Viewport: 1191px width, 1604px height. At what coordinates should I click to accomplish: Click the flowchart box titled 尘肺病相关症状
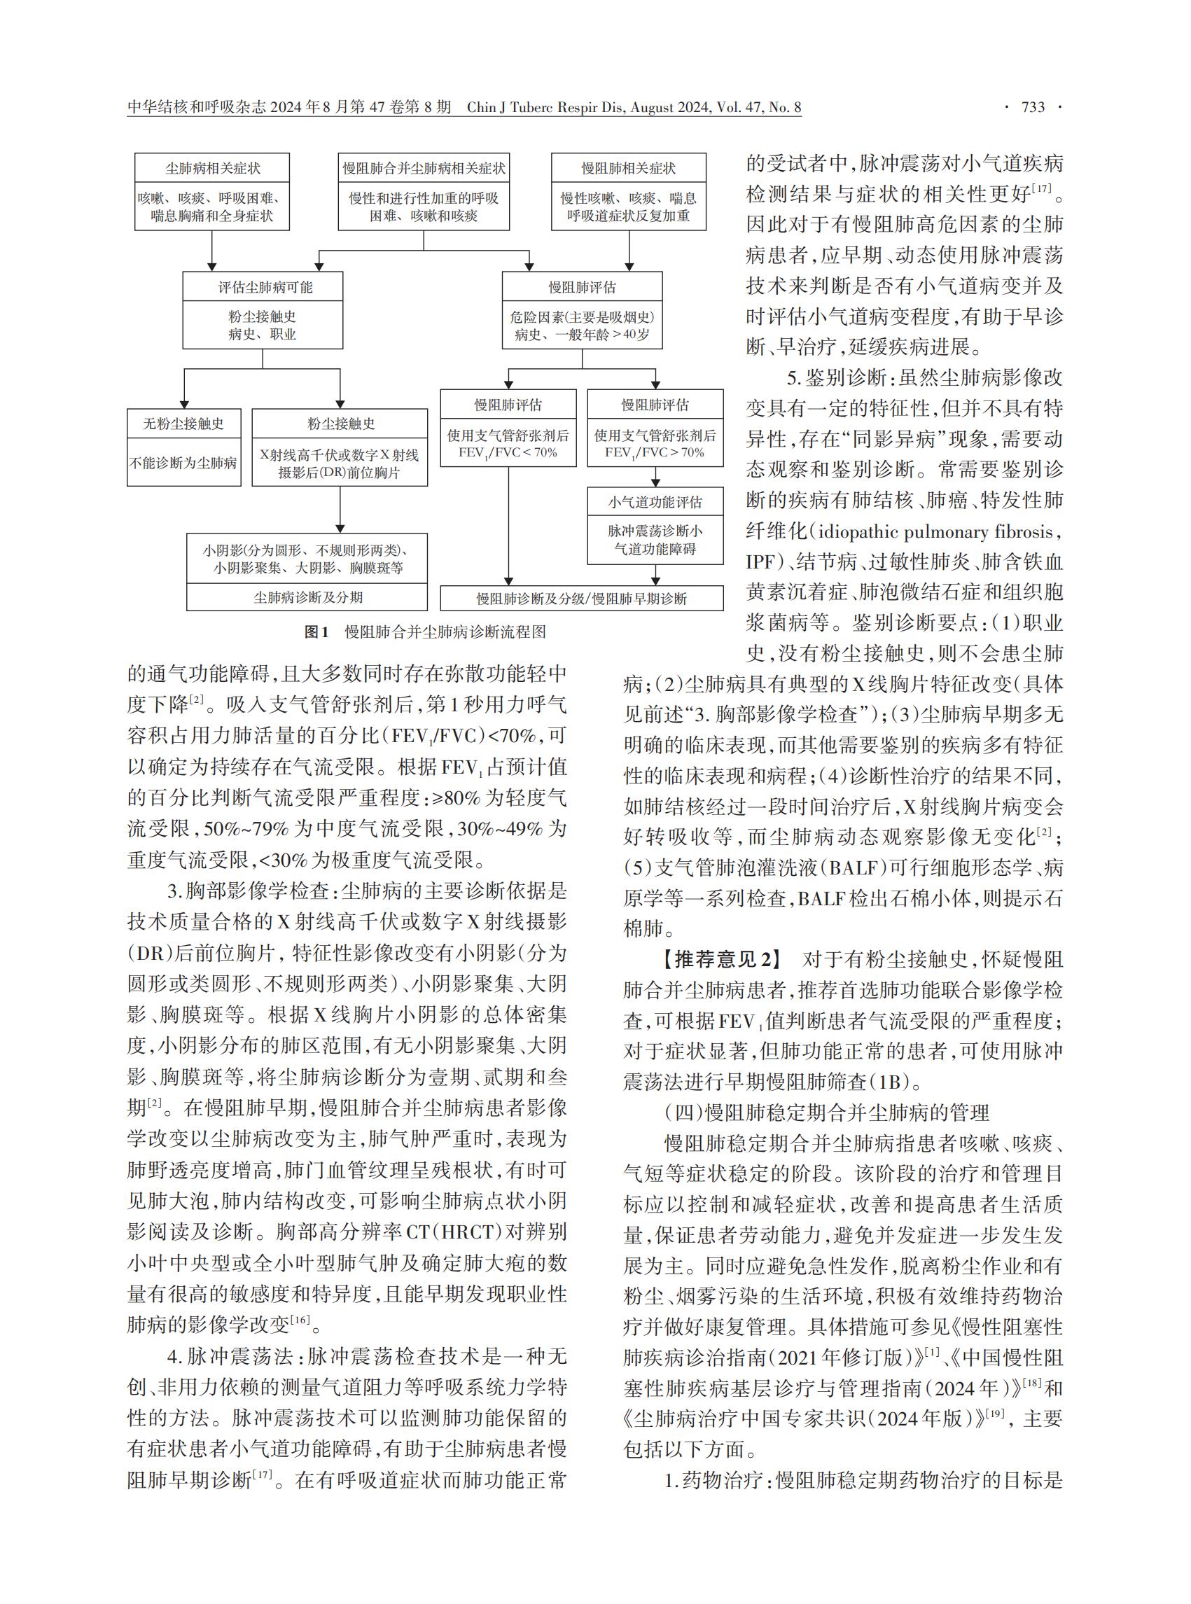(x=212, y=169)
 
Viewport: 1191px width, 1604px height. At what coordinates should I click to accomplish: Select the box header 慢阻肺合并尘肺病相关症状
(x=423, y=169)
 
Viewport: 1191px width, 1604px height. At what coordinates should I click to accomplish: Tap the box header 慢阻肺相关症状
(x=628, y=169)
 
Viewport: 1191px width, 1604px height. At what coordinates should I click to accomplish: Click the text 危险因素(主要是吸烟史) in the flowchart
(x=582, y=317)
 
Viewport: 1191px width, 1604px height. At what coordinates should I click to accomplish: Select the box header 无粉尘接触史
(x=184, y=424)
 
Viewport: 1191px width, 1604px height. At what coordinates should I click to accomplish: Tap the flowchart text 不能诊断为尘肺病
(x=184, y=463)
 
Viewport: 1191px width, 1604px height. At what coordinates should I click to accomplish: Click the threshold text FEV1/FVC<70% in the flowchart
(x=508, y=453)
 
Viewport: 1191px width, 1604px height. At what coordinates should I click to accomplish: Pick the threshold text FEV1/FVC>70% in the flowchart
(x=655, y=453)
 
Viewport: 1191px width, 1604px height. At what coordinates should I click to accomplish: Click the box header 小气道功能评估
(x=655, y=503)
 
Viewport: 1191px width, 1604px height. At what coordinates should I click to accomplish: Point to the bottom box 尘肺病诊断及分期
(x=308, y=598)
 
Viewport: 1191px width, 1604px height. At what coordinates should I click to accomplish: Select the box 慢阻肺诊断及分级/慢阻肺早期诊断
(x=582, y=599)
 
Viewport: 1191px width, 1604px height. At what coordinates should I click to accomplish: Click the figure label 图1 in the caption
(x=316, y=632)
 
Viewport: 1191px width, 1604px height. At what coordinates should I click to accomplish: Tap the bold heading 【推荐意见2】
(x=722, y=959)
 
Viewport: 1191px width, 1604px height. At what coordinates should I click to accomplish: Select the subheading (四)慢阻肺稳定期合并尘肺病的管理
(x=826, y=1113)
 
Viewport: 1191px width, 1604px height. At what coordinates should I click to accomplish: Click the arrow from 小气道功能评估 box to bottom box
(x=655, y=575)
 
